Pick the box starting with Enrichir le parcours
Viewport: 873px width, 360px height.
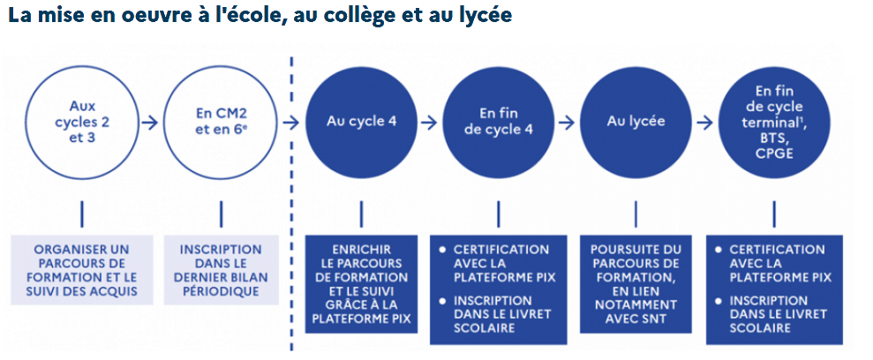click(360, 283)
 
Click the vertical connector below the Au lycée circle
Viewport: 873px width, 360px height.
click(636, 214)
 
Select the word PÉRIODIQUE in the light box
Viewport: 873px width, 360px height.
click(221, 292)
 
